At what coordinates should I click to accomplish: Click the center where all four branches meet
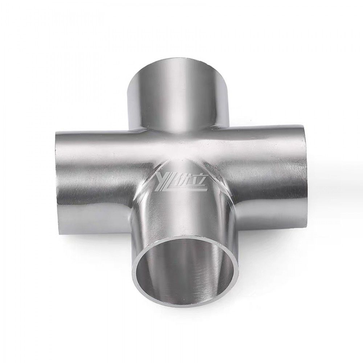point(180,152)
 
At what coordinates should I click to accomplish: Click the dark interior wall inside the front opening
point(203,269)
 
